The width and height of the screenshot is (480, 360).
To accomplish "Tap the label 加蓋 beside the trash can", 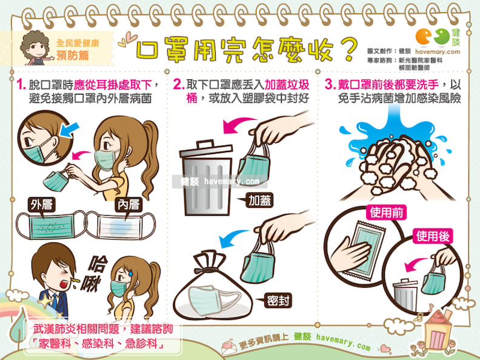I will (x=259, y=201).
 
